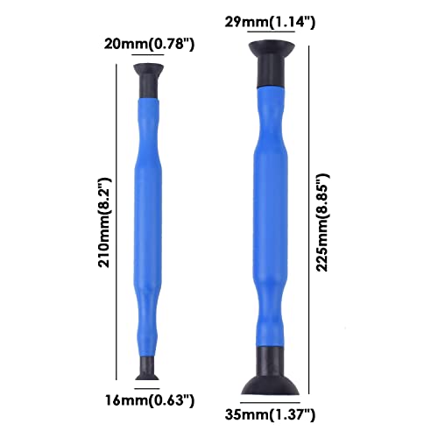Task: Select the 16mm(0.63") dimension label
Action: (x=147, y=399)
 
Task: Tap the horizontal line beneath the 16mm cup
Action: (x=147, y=385)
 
